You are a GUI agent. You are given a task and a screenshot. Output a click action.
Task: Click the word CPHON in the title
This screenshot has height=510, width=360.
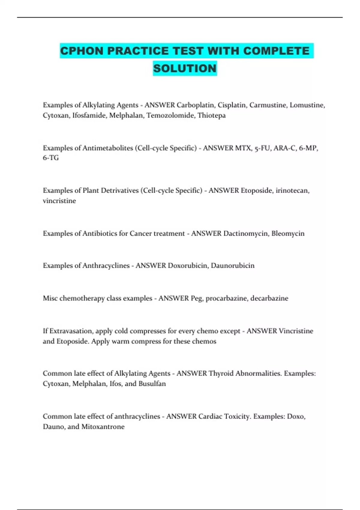(x=82, y=51)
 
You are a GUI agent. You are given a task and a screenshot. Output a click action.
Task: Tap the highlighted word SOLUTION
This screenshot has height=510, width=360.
(x=185, y=68)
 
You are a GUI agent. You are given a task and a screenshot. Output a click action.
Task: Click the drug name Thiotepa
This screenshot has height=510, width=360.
(x=211, y=115)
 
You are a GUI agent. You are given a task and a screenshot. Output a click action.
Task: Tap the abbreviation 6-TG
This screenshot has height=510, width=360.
(x=51, y=158)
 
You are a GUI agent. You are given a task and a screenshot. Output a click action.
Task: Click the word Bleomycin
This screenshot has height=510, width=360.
(x=288, y=233)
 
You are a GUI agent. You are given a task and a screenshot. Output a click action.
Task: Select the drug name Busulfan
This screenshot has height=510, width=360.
(x=152, y=384)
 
